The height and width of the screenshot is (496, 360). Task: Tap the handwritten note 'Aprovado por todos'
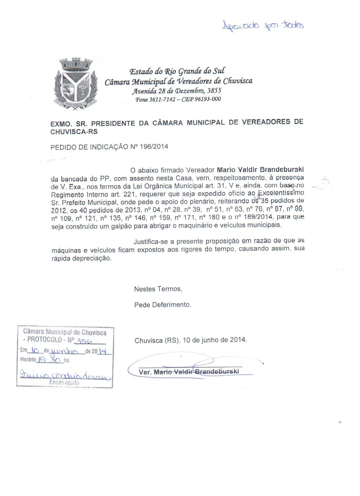[263, 26]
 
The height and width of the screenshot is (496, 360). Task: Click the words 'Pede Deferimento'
[163, 305]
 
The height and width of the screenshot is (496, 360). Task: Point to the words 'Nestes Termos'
[158, 289]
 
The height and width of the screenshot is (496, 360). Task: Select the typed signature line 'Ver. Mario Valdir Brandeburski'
[189, 372]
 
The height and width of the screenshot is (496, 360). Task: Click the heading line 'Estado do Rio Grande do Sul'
[177, 71]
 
